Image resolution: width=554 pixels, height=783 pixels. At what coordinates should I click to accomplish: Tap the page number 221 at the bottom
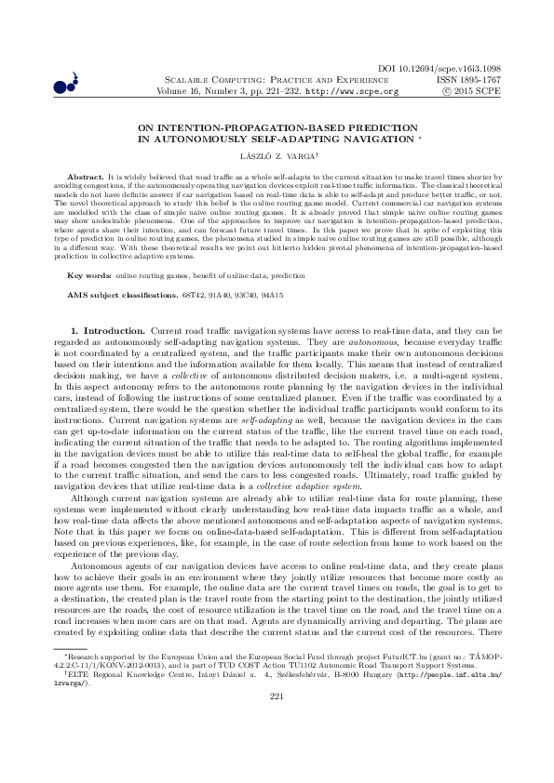pyautogui.click(x=276, y=748)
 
